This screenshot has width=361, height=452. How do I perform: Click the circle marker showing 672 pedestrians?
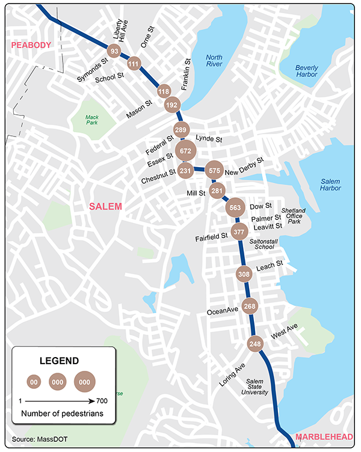(185, 150)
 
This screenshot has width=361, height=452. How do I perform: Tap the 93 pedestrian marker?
(114, 51)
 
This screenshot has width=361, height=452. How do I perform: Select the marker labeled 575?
(215, 171)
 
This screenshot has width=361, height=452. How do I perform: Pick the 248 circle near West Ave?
(255, 344)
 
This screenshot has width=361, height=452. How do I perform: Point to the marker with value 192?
(172, 105)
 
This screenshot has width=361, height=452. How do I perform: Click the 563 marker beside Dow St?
(235, 207)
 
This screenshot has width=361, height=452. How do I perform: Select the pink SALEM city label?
(105, 206)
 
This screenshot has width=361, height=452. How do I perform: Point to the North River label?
(214, 61)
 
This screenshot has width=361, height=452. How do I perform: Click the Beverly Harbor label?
(306, 71)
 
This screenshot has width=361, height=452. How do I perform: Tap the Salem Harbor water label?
(330, 185)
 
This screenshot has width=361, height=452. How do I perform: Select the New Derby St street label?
(244, 168)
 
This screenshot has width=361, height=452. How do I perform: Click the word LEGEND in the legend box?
(59, 361)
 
